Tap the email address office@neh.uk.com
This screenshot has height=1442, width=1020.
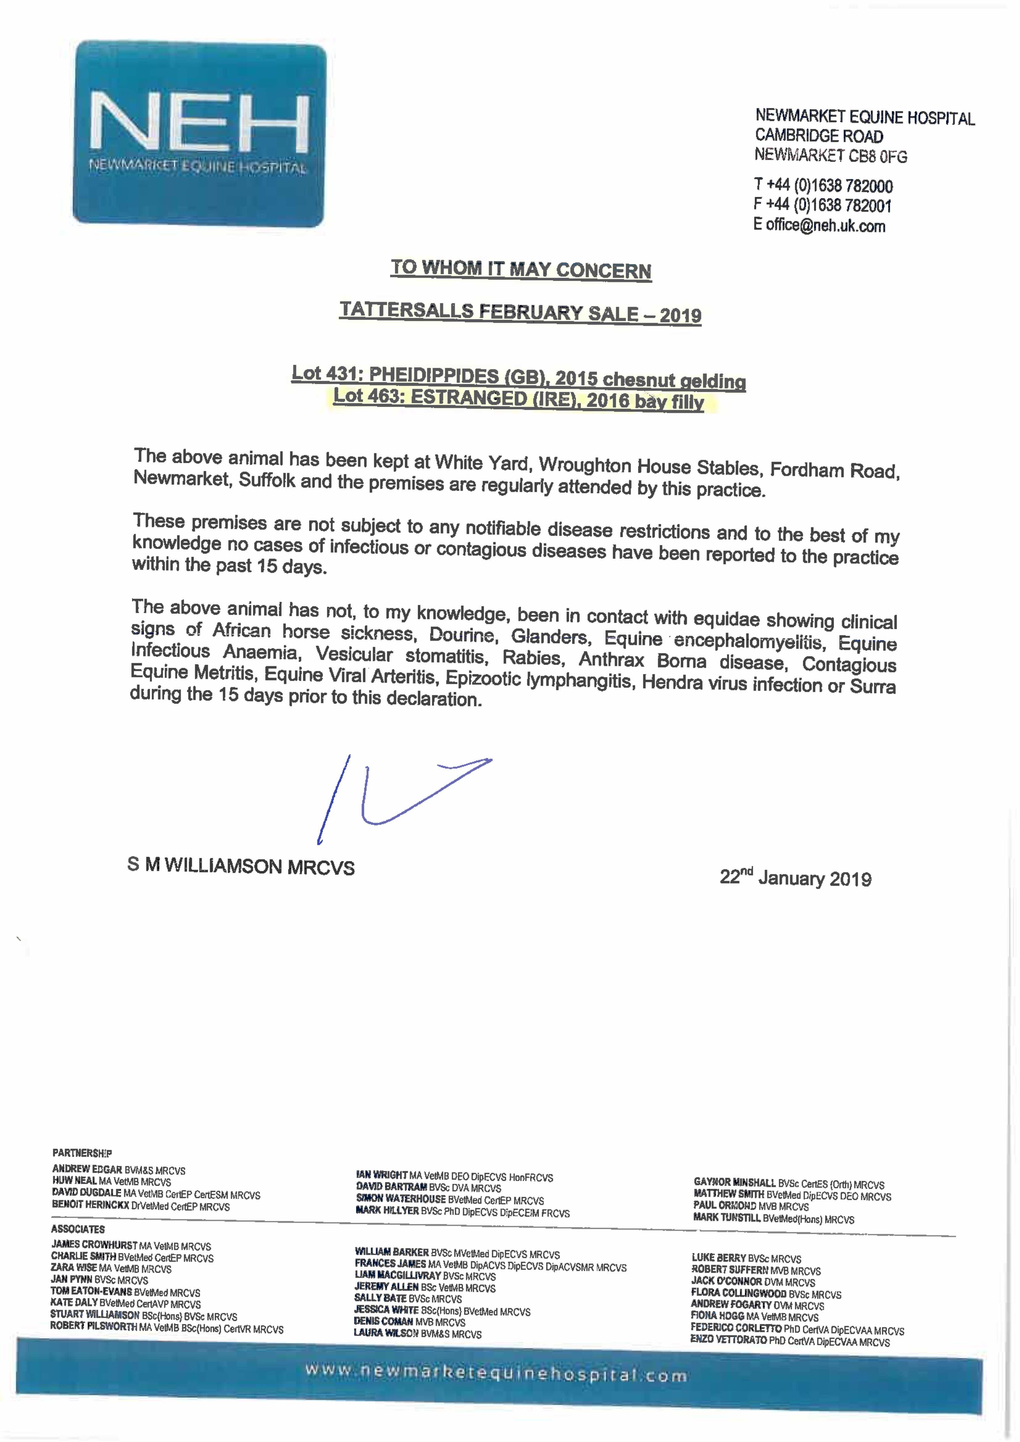[x=825, y=226]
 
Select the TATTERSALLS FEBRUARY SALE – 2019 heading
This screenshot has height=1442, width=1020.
[x=520, y=312]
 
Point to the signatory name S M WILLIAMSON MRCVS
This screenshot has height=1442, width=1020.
[x=241, y=866]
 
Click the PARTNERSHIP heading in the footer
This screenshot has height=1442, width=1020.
[x=82, y=1153]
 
